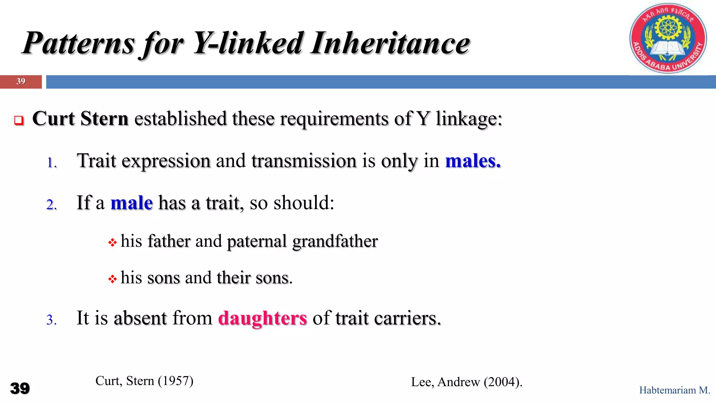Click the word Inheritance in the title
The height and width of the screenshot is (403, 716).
pos(390,43)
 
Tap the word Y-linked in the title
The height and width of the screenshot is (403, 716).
pos(249,43)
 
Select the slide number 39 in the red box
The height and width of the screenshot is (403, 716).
pos(21,82)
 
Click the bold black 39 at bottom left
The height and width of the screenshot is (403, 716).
pos(20,388)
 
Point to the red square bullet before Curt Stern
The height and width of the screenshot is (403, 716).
pos(19,120)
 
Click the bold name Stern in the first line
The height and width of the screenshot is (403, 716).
pos(104,119)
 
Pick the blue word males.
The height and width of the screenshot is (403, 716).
pos(473,161)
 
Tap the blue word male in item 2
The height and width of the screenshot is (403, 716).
pos(131,203)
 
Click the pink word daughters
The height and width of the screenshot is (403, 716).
pos(262,318)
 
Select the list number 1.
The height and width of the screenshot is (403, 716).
pos(51,163)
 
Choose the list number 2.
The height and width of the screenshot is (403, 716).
pos(51,205)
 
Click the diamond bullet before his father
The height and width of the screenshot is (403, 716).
pos(112,242)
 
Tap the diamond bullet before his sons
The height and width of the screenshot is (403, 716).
pos(112,279)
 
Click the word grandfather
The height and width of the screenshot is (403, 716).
pos(335,241)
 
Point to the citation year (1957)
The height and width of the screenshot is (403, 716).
pos(176,381)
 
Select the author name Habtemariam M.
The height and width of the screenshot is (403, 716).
pos(674,390)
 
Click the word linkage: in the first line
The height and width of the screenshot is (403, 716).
pos(469,119)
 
